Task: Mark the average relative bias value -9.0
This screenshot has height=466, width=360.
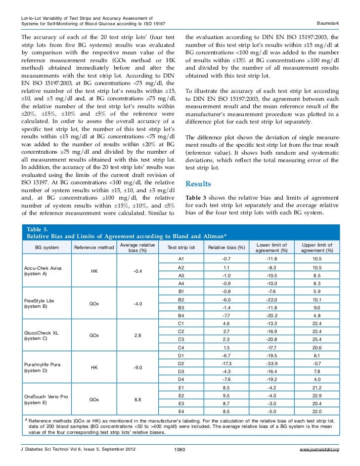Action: click(138, 367)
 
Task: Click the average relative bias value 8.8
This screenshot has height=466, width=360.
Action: click(138, 399)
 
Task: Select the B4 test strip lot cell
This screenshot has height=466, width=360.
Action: click(181, 315)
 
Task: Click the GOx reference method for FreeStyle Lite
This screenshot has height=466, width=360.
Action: click(94, 303)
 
